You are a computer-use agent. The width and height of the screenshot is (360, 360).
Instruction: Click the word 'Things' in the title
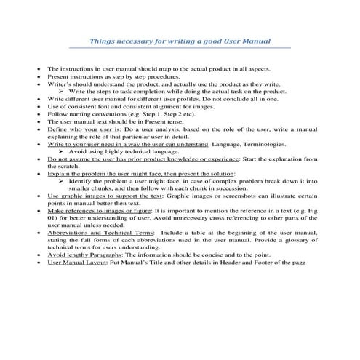point(100,41)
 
